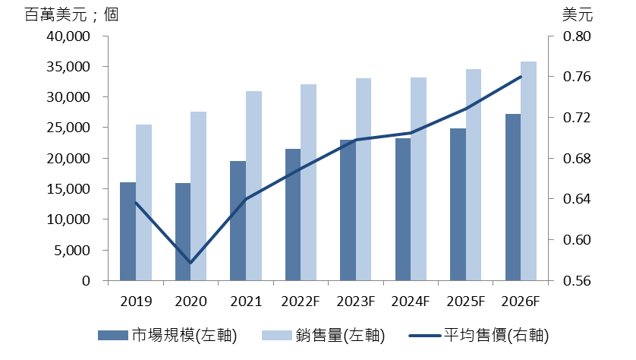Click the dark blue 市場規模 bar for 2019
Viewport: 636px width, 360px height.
click(128, 232)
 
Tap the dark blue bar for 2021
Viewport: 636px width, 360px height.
click(238, 220)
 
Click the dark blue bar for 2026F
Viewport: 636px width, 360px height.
click(513, 197)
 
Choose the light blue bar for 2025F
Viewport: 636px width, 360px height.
click(474, 175)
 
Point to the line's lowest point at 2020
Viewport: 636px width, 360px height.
click(190, 263)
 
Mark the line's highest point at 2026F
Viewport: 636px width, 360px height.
click(521, 77)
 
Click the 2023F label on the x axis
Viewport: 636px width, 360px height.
click(355, 301)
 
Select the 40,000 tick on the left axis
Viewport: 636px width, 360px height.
click(69, 36)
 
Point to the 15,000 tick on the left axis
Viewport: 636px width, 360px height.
click(69, 189)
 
